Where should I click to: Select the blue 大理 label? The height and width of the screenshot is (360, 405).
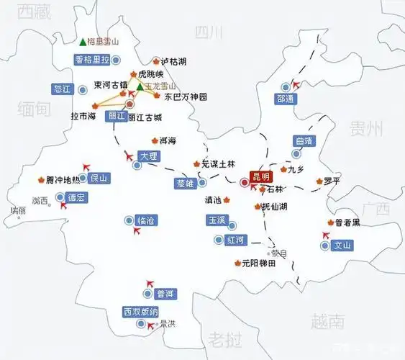[x=149, y=156]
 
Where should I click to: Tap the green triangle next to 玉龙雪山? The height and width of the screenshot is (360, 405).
[x=140, y=86]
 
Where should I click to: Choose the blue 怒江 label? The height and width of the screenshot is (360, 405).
[x=63, y=89]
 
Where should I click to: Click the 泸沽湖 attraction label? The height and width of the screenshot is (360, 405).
[x=173, y=61]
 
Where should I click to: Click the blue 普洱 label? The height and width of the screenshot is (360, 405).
[x=165, y=294]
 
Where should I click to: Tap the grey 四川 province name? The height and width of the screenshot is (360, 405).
[x=209, y=32]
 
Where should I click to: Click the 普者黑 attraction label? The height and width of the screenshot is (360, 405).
[x=348, y=223]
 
